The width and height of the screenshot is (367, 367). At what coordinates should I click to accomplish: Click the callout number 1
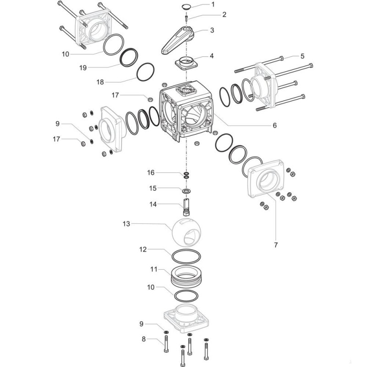click(x=212, y=5)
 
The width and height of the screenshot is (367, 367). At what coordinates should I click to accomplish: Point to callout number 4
click(x=211, y=56)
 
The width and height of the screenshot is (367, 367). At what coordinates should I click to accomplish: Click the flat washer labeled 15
click(x=187, y=190)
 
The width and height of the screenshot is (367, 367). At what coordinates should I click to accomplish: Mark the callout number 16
click(x=151, y=172)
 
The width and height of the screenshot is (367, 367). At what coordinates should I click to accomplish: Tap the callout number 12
click(x=143, y=250)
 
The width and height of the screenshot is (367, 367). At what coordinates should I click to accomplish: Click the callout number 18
click(x=100, y=82)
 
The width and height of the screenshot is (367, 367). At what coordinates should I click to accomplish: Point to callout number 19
click(x=83, y=67)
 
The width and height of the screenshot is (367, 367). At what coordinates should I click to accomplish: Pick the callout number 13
click(x=126, y=224)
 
